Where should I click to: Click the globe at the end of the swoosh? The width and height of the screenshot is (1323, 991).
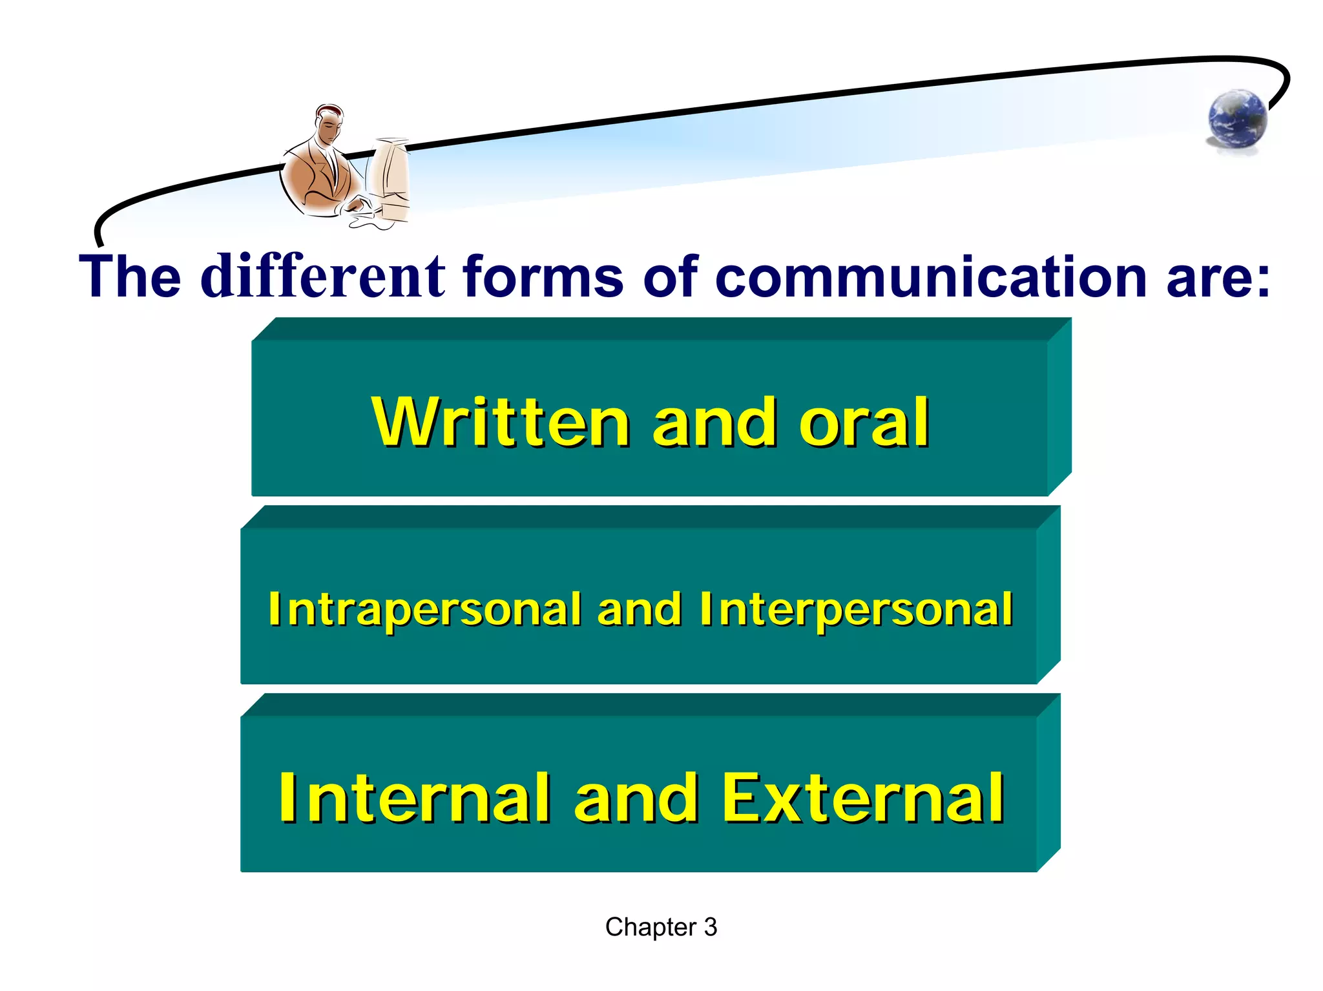tap(1237, 120)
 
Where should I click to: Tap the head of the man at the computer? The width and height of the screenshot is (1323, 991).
tap(329, 124)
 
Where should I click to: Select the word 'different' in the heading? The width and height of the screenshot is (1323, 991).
tap(323, 276)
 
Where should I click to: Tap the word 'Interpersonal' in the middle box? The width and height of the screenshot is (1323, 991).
tap(856, 610)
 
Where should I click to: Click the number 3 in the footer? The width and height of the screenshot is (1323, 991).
tap(710, 927)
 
